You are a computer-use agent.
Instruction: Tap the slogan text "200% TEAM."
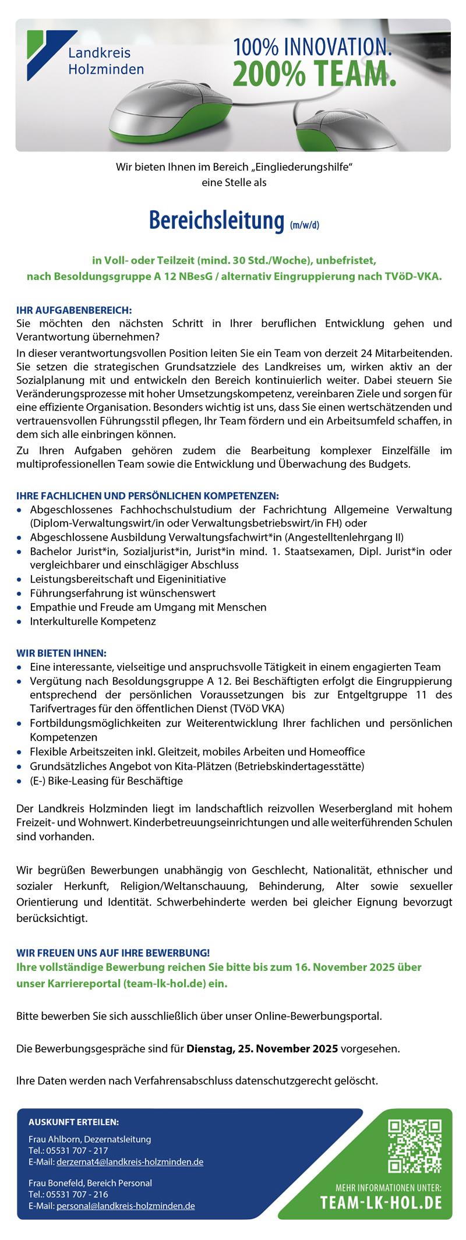click(x=314, y=75)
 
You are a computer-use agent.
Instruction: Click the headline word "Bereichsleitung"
click(x=216, y=221)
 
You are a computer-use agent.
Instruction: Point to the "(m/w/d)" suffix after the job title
click(x=305, y=225)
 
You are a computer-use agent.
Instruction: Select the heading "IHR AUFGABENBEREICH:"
click(x=74, y=310)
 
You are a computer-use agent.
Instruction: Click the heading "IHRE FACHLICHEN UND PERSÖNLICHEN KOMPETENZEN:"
click(x=147, y=496)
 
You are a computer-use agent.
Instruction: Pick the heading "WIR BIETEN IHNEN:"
click(x=61, y=653)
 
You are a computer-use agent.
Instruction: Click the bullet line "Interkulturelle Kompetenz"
click(x=93, y=621)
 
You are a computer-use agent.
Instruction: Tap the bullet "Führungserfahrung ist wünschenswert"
click(x=123, y=593)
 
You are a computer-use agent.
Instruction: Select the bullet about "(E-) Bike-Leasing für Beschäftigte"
click(x=107, y=780)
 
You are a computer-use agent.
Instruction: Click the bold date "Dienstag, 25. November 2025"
click(x=262, y=1048)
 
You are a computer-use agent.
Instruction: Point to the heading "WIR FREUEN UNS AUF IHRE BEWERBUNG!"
click(x=113, y=953)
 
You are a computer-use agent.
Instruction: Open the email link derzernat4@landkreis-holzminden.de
click(x=130, y=1162)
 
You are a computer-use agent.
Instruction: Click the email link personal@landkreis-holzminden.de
click(x=126, y=1206)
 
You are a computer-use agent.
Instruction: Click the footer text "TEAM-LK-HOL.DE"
click(x=381, y=1203)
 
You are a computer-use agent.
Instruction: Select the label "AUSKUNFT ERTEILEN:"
click(x=73, y=1122)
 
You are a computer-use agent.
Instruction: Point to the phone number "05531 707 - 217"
click(x=77, y=1150)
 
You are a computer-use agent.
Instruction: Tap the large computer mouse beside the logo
click(x=170, y=111)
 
